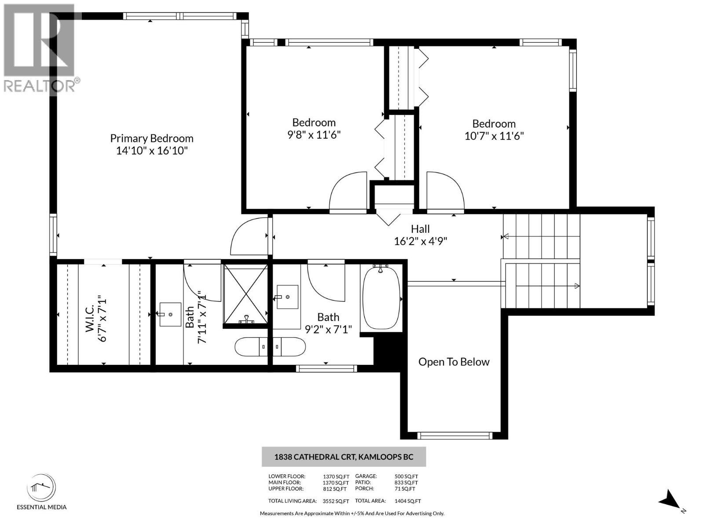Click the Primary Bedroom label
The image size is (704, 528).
tap(152, 138)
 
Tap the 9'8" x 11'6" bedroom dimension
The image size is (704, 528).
tap(314, 135)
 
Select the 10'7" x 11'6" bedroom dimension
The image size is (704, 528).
tap(494, 136)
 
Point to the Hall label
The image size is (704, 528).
tap(420, 229)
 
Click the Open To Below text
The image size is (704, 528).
tap(454, 362)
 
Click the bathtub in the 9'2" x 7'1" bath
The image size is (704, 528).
tap(381, 298)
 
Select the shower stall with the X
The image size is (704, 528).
tap(246, 293)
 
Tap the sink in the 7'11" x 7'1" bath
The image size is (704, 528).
tap(170, 314)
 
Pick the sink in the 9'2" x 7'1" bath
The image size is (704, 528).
tap(287, 297)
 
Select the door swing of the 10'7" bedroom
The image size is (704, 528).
tap(444, 193)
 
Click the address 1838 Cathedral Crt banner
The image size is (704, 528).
tap(344, 457)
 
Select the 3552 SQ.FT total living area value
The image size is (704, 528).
tap(336, 501)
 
